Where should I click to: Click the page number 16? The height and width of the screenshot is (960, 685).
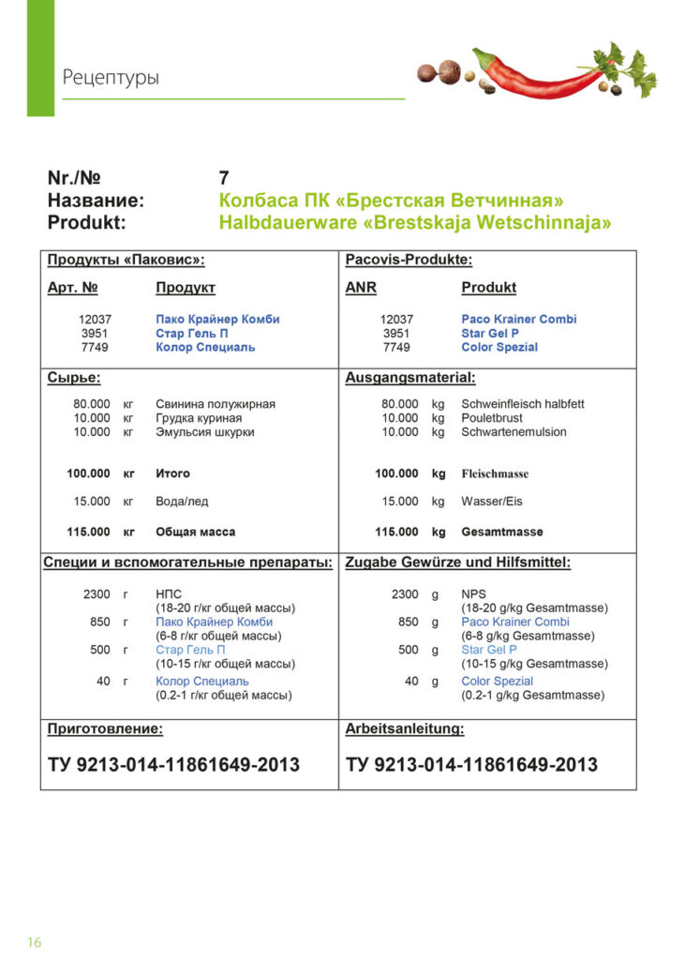point(34,942)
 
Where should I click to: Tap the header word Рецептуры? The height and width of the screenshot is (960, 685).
point(111,77)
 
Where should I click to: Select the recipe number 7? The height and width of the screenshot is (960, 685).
point(224,178)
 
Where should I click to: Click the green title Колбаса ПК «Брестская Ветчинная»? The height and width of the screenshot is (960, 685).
point(391,201)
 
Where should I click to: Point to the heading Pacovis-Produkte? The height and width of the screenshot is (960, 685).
point(409,260)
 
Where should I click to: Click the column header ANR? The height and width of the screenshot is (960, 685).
point(361,288)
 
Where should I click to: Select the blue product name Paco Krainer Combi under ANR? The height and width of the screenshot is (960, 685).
point(518,320)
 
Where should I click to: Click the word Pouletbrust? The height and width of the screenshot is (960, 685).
point(492,418)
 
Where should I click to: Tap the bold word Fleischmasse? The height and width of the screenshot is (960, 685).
point(495,474)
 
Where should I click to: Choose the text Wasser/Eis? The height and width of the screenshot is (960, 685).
point(492,502)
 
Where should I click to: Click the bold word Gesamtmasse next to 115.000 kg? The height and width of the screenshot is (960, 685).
point(501,532)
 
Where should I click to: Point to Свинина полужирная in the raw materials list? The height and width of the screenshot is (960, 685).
point(216,404)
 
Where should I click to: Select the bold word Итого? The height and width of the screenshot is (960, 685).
point(172,473)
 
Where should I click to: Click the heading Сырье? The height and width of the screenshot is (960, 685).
point(74,378)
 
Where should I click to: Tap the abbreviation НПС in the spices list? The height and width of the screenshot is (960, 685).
point(169,594)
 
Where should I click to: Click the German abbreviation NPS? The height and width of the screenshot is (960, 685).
point(473,594)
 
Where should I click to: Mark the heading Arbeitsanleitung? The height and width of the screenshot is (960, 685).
point(405,728)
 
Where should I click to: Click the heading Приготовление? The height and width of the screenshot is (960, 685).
point(105,728)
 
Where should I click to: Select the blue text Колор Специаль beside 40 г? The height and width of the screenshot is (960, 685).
point(202,682)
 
